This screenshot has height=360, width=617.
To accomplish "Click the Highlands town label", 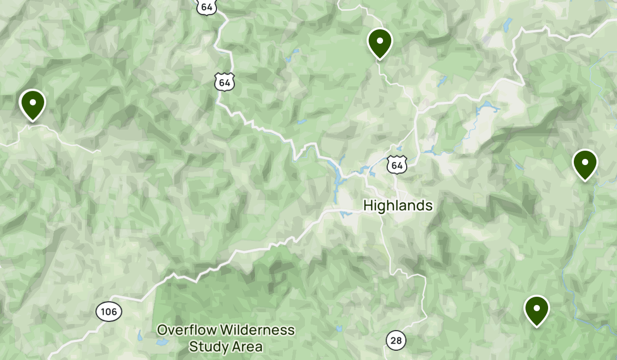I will tap(397, 206).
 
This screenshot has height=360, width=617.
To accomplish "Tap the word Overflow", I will tap(184, 330).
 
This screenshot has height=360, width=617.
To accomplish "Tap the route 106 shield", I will tap(108, 312).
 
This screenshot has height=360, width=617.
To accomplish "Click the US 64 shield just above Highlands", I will tap(396, 165).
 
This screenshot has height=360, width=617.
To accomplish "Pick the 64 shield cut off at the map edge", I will tap(207, 7).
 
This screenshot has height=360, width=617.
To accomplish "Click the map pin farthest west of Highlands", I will tap(32, 104).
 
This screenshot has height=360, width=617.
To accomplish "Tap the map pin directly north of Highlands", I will tap(380, 43).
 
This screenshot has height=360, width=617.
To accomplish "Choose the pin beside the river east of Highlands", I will tap(585, 164).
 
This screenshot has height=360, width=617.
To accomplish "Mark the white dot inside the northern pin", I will tap(380, 40).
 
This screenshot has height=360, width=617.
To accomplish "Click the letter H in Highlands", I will tap(367, 206).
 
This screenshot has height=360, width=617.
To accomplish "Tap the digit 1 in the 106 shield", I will tap(103, 312).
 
